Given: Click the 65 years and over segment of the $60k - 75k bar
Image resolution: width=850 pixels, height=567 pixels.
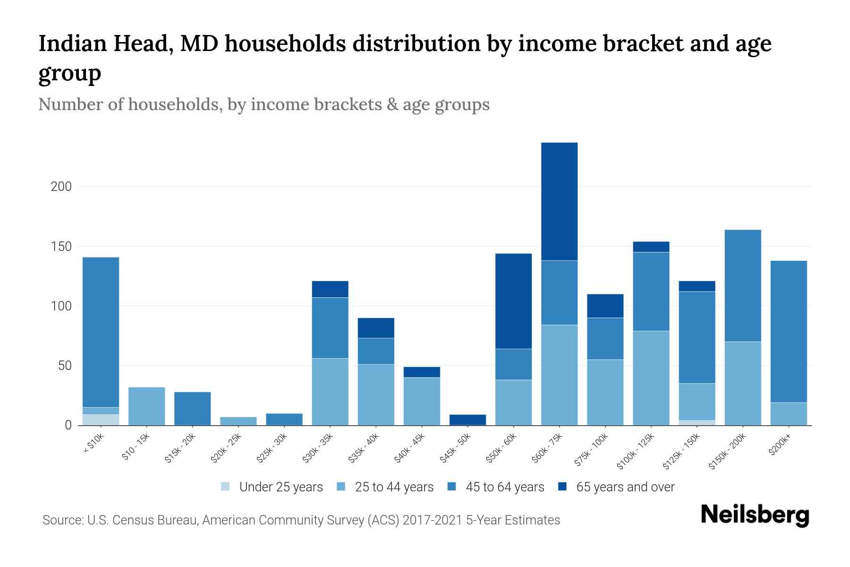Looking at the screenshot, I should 559,201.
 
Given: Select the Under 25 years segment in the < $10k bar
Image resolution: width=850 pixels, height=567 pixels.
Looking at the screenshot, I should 101,420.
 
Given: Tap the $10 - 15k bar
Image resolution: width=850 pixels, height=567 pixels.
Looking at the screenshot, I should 146,406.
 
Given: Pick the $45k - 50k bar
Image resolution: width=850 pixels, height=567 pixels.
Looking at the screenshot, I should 467,420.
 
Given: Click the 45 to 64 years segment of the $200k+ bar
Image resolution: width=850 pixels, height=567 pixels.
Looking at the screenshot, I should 789,331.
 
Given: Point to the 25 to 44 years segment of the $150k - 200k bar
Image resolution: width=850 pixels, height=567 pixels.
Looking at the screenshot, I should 743,383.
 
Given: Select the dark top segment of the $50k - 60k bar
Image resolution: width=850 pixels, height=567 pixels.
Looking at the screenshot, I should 513,301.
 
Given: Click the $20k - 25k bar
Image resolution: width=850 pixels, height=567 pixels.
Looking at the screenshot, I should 238,421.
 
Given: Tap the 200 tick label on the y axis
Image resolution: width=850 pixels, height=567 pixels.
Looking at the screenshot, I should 61,187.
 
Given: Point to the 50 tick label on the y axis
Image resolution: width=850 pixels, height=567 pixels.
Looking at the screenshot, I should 64,366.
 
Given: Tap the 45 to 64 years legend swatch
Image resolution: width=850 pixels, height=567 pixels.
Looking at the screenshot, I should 452,487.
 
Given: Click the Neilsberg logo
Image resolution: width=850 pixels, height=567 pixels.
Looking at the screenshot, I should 755,515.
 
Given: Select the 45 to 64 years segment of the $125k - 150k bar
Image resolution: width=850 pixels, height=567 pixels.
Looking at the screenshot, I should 697,337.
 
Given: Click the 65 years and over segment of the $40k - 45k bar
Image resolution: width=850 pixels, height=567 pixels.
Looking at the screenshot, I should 422,372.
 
